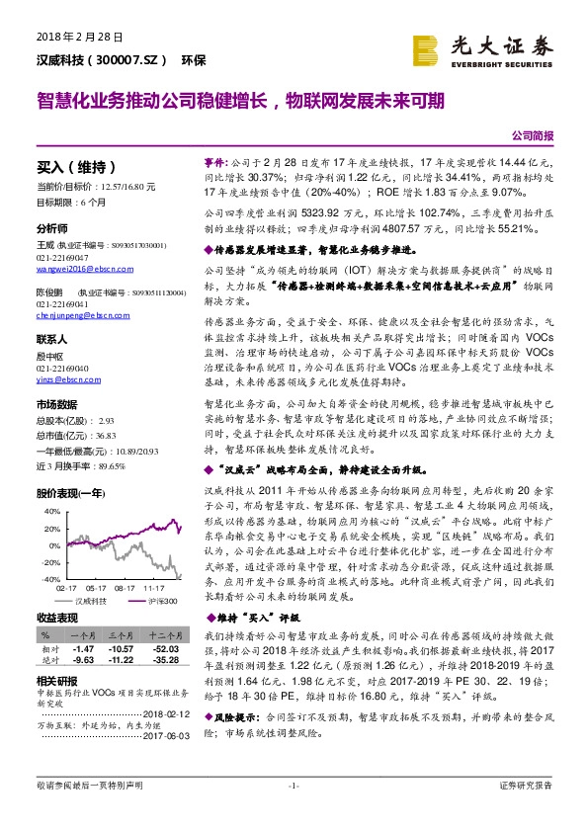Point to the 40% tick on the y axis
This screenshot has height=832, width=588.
tap(47, 511)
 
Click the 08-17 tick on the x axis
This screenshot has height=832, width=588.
tap(126, 587)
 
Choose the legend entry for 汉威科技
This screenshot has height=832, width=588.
tap(92, 600)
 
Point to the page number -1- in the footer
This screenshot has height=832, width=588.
tap(294, 813)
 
